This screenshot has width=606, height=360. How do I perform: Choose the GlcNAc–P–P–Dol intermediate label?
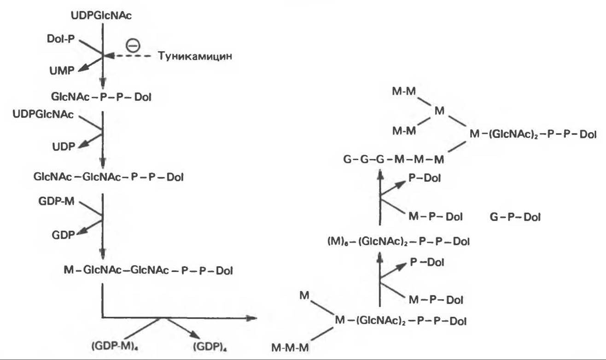point(102,97)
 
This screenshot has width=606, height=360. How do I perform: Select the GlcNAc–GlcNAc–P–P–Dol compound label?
point(108,176)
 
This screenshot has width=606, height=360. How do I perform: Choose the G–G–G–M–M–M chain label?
point(394,160)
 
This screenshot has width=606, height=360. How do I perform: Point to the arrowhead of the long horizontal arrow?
point(251,318)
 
